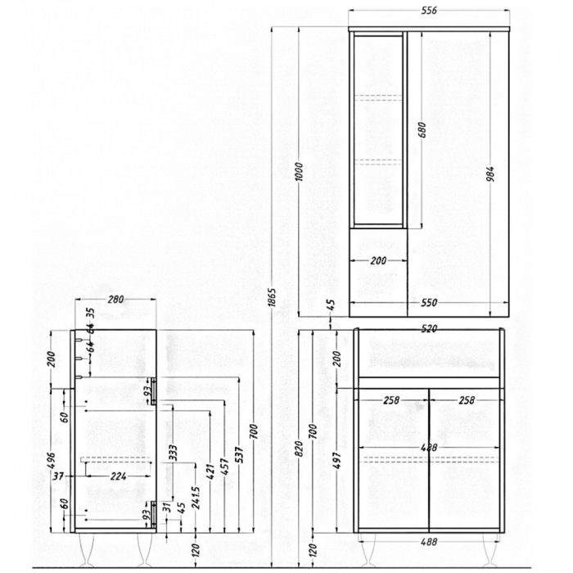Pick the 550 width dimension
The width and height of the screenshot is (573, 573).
[x=430, y=303]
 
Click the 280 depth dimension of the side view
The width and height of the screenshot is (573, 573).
[x=115, y=300]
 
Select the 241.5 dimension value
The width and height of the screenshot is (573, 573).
[x=195, y=500]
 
